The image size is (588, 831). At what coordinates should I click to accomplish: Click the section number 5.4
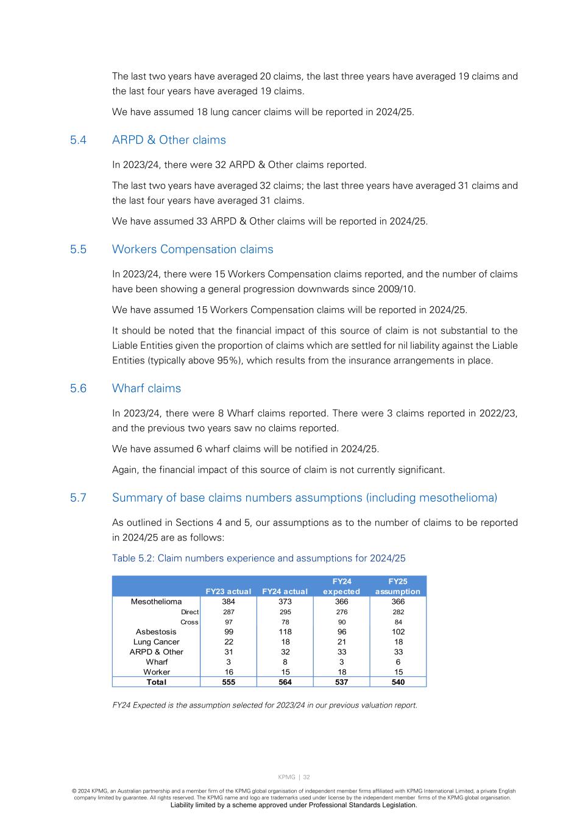tap(78, 140)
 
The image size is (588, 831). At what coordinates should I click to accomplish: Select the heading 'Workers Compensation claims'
tap(193, 250)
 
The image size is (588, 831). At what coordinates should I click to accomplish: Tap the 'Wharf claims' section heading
tap(146, 388)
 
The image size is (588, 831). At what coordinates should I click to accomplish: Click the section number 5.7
tap(78, 498)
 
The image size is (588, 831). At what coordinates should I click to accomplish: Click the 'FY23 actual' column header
tap(228, 591)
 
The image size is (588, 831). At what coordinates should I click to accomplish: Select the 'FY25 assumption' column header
tap(398, 586)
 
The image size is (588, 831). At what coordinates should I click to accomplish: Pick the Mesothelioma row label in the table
tap(156, 601)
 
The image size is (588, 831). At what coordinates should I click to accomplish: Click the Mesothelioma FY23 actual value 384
tap(228, 601)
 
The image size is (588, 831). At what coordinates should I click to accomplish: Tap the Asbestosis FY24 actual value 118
tap(285, 632)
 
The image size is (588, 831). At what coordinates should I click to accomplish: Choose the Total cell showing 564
tap(285, 682)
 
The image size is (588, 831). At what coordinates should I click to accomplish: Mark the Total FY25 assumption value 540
tap(398, 682)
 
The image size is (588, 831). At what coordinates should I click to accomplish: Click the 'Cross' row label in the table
tap(189, 622)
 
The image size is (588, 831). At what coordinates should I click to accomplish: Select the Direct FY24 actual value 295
tap(285, 612)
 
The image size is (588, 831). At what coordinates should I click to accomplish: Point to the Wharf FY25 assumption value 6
tap(398, 662)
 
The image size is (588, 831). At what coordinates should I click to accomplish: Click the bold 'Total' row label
tap(156, 682)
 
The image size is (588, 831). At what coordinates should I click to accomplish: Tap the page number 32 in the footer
tap(306, 777)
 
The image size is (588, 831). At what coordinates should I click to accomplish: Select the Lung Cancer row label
tap(156, 642)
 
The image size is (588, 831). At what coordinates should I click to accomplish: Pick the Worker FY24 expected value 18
tap(342, 672)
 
